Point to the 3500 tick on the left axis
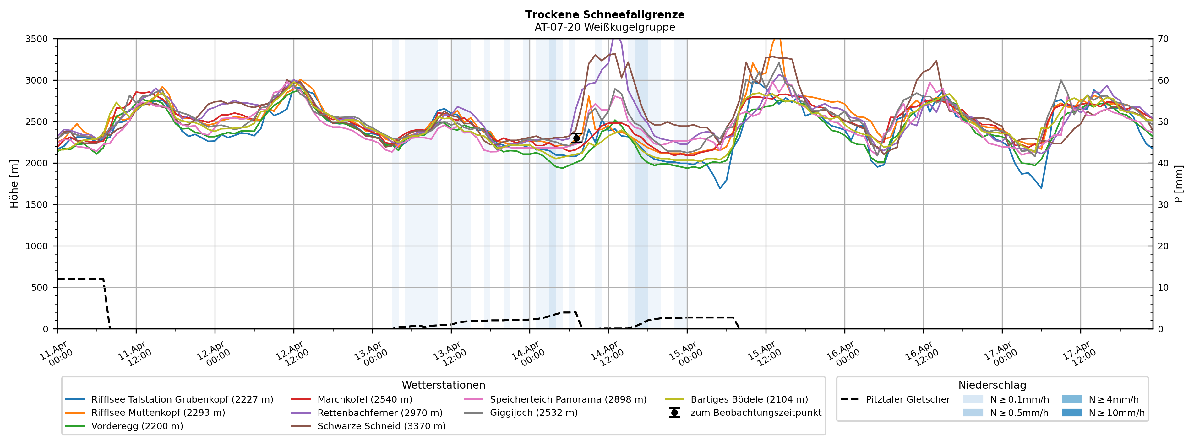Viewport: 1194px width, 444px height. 37,39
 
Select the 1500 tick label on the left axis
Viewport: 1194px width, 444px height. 37,205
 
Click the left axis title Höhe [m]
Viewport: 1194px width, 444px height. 14,184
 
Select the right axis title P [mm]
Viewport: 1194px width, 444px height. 1179,184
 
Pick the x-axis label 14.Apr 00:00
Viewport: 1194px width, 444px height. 528,353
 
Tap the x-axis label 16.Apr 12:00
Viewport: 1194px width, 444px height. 922,353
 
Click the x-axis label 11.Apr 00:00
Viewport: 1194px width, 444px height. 56,353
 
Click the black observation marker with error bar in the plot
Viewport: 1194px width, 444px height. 576,138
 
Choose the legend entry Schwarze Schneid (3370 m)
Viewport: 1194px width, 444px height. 381,426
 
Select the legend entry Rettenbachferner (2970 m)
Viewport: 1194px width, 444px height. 379,413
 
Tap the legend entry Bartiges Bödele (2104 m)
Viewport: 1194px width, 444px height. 749,399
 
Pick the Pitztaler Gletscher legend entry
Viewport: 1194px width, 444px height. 908,399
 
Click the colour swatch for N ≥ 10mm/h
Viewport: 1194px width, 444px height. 1071,413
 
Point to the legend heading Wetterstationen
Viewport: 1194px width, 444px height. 443,385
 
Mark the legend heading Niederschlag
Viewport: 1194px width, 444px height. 992,385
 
